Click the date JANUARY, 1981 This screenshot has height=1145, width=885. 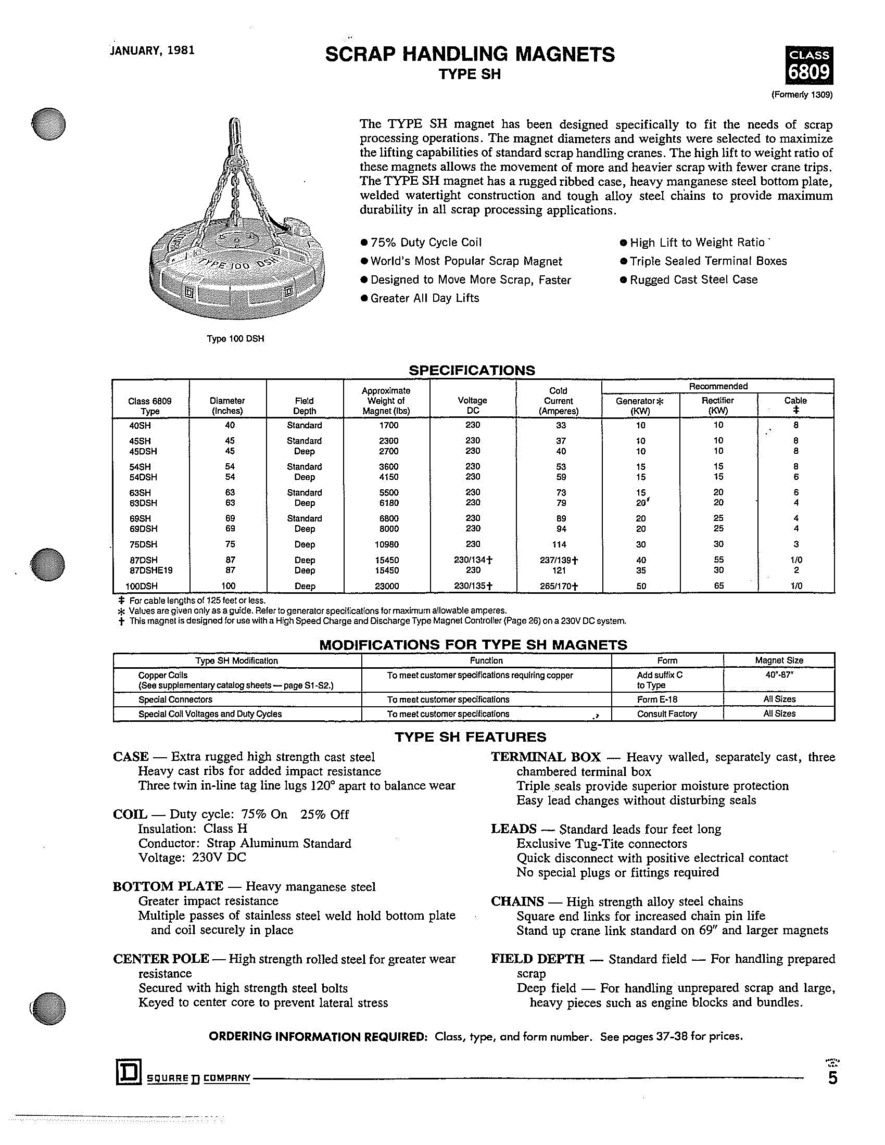click(x=153, y=50)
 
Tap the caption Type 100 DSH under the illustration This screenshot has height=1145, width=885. click(x=235, y=339)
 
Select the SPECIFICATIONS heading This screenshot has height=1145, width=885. click(x=471, y=370)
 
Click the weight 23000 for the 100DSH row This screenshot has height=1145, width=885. click(x=387, y=586)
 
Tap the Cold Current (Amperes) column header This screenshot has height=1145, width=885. click(x=559, y=401)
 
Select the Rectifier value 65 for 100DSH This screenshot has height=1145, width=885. click(x=719, y=586)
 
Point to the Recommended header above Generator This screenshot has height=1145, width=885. click(x=718, y=386)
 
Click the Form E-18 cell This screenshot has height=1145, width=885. click(x=655, y=699)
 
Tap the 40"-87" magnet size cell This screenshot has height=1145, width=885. click(x=779, y=675)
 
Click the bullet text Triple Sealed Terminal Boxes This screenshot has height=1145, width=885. click(x=708, y=261)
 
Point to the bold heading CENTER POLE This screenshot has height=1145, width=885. click(x=161, y=959)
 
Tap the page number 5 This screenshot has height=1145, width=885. click(x=832, y=1078)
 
